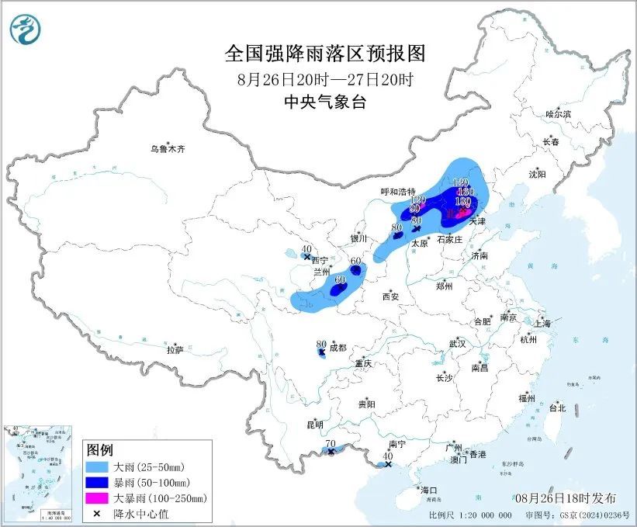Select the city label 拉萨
(x=175, y=350)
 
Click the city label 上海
(x=542, y=323)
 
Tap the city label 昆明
(x=314, y=425)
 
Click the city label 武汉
(x=456, y=343)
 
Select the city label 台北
(x=556, y=407)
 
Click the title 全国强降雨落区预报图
(x=326, y=54)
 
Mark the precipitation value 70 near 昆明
(x=330, y=444)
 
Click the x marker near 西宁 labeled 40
(x=308, y=257)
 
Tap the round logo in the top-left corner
(x=26, y=29)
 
